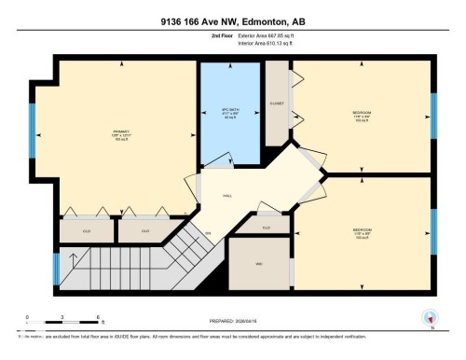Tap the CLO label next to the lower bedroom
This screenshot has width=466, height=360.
(266, 227)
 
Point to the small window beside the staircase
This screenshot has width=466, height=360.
(57, 269)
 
